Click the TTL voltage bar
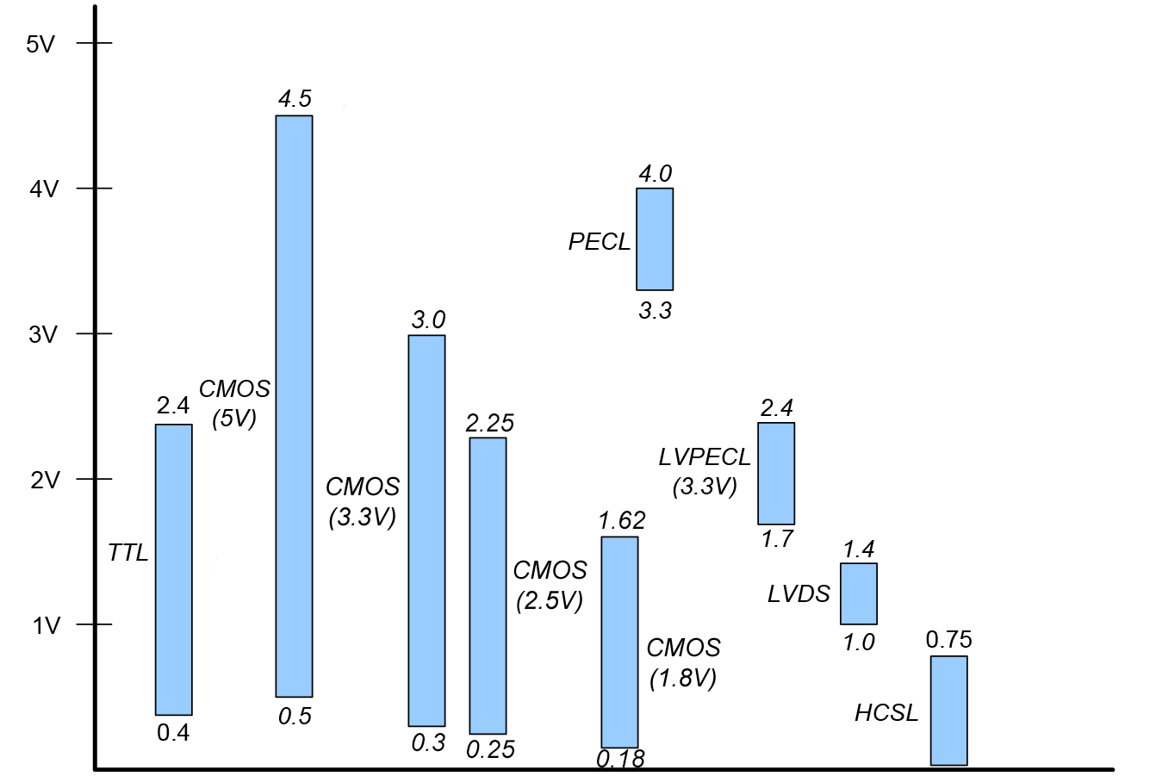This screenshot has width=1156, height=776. click(x=173, y=569)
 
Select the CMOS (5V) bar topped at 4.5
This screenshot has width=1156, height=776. click(x=294, y=406)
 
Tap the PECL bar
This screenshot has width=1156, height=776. click(x=655, y=239)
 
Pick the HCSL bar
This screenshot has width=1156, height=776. click(x=948, y=711)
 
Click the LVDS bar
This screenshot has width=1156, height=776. click(x=859, y=593)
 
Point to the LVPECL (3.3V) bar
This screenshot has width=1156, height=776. click(x=776, y=473)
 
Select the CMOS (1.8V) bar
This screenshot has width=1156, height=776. click(x=619, y=642)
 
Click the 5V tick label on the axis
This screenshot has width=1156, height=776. click(x=40, y=44)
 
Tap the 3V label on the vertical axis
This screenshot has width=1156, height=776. click(x=43, y=335)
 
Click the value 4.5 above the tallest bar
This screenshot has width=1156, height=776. click(x=295, y=99)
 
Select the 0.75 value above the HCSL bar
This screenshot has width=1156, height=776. click(x=949, y=640)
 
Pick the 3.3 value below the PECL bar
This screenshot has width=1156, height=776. click(x=655, y=311)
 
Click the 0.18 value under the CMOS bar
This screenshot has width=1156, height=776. click(x=620, y=759)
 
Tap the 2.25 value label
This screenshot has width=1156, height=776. click(x=489, y=423)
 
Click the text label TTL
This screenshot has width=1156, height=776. click(x=128, y=553)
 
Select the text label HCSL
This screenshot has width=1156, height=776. click(x=886, y=713)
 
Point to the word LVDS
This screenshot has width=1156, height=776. click(x=799, y=594)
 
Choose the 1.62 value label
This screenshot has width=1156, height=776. click(x=621, y=521)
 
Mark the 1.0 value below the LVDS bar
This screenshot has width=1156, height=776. click(x=859, y=643)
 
